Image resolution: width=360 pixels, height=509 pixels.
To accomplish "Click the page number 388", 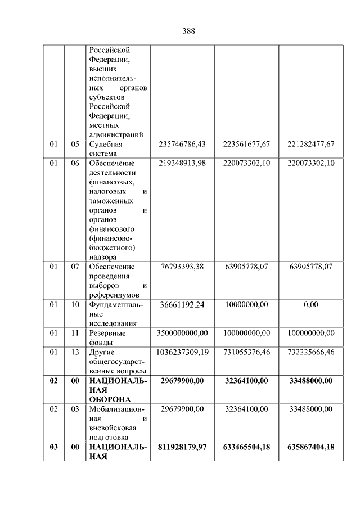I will coord(188,31).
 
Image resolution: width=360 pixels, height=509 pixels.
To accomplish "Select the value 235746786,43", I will coord(182,144).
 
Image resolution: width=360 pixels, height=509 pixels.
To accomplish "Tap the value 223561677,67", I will coord(246,144).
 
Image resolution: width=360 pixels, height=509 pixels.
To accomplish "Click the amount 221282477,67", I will coord(311,144).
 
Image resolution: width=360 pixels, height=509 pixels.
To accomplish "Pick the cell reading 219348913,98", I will coord(182,163).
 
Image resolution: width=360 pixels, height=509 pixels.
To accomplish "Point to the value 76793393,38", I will coord(182,267).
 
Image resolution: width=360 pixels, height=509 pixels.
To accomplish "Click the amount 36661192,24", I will coord(182,304).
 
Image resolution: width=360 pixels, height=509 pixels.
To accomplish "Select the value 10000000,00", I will coord(246,304).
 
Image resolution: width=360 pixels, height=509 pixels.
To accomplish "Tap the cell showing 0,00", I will coord(311,304).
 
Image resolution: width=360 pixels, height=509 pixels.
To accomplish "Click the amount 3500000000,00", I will coord(182,333).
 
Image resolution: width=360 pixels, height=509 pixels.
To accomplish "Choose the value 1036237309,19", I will coord(182,352).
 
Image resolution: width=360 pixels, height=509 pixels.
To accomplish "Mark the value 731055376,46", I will coord(246,352).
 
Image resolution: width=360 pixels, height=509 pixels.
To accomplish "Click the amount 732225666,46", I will coord(311,352).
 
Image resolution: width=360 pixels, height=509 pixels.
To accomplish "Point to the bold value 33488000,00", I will coord(311,381).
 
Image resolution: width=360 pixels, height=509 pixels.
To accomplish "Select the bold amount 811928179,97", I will coord(182,447).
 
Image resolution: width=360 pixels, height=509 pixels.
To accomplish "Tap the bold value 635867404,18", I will coord(311,447).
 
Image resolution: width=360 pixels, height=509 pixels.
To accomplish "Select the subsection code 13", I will coord(75,352).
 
